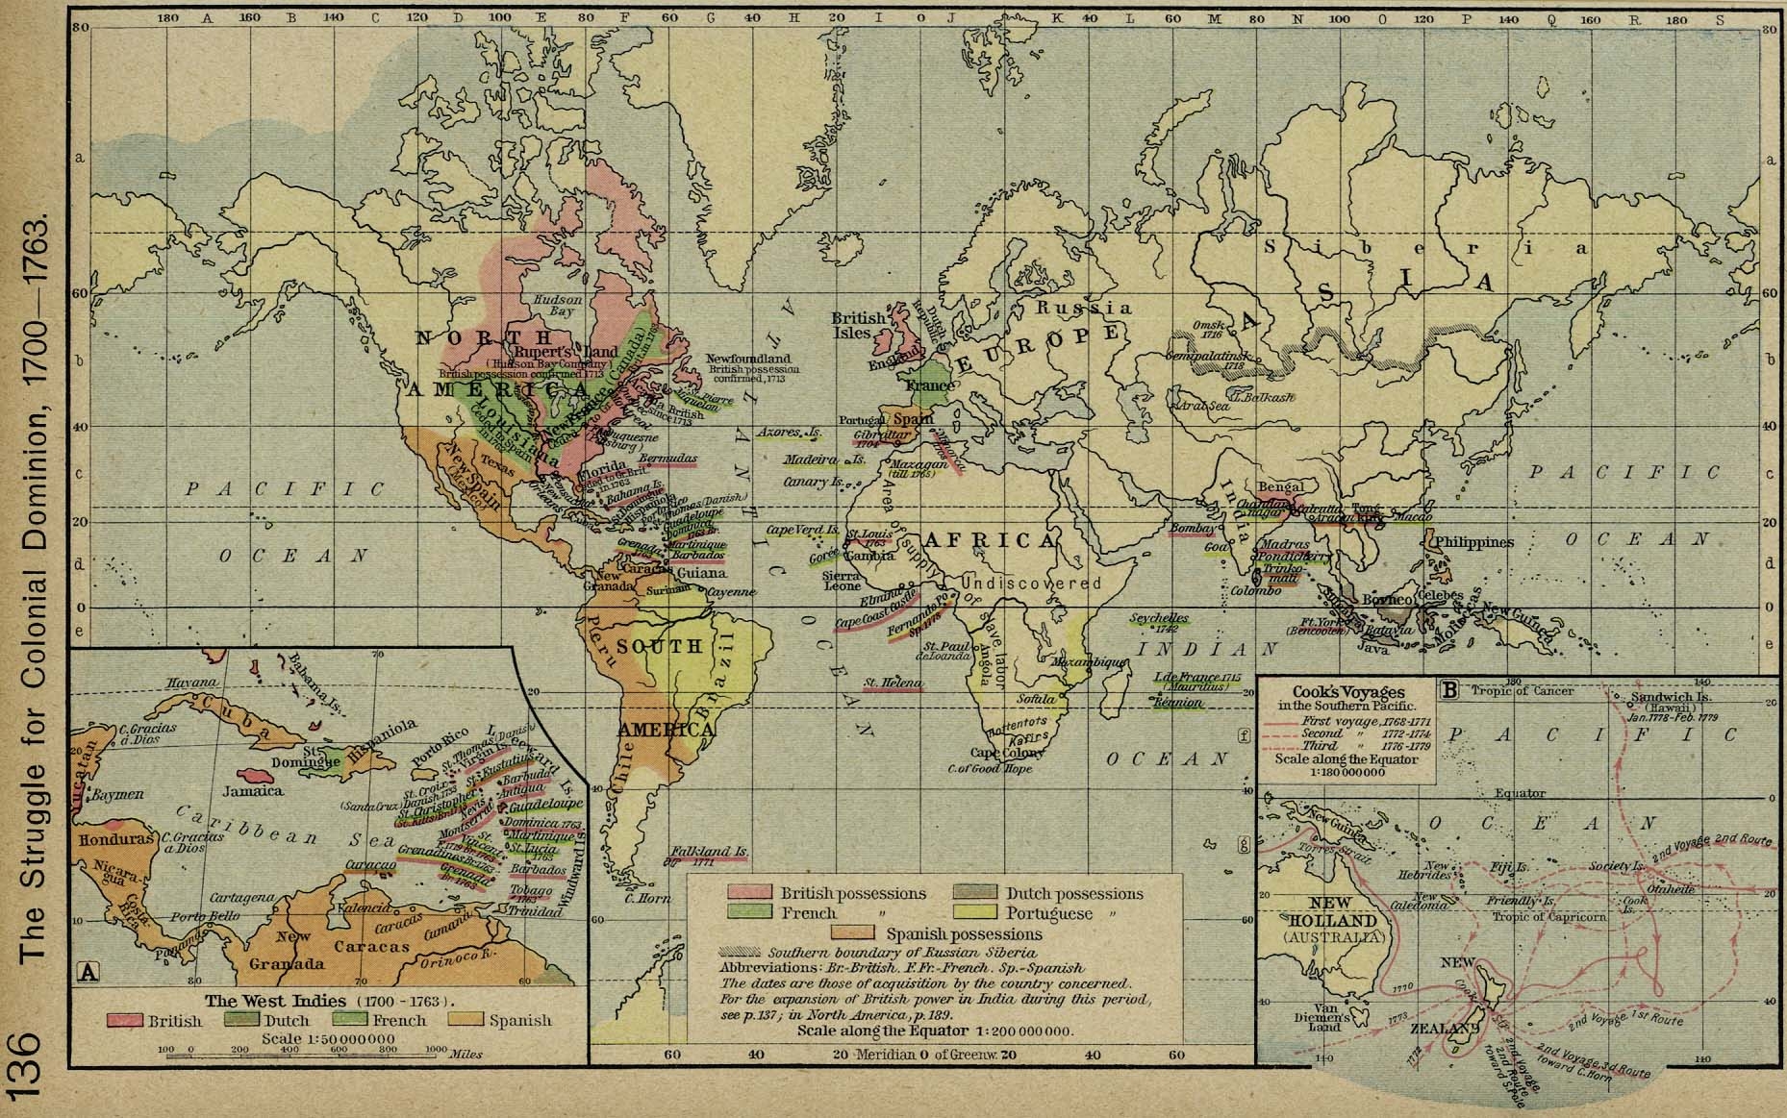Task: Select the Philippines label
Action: [x=1473, y=542]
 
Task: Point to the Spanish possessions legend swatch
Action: [x=853, y=933]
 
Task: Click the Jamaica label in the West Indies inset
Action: [x=252, y=791]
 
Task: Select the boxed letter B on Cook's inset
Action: [x=1448, y=688]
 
